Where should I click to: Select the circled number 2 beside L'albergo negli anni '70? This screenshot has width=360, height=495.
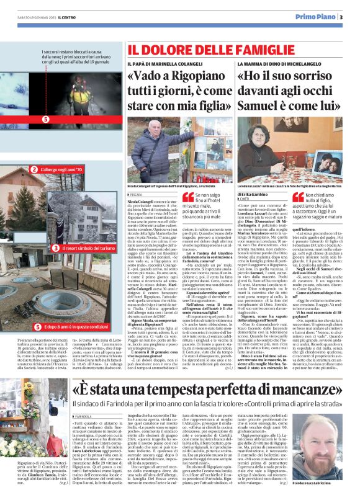point(34,169)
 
